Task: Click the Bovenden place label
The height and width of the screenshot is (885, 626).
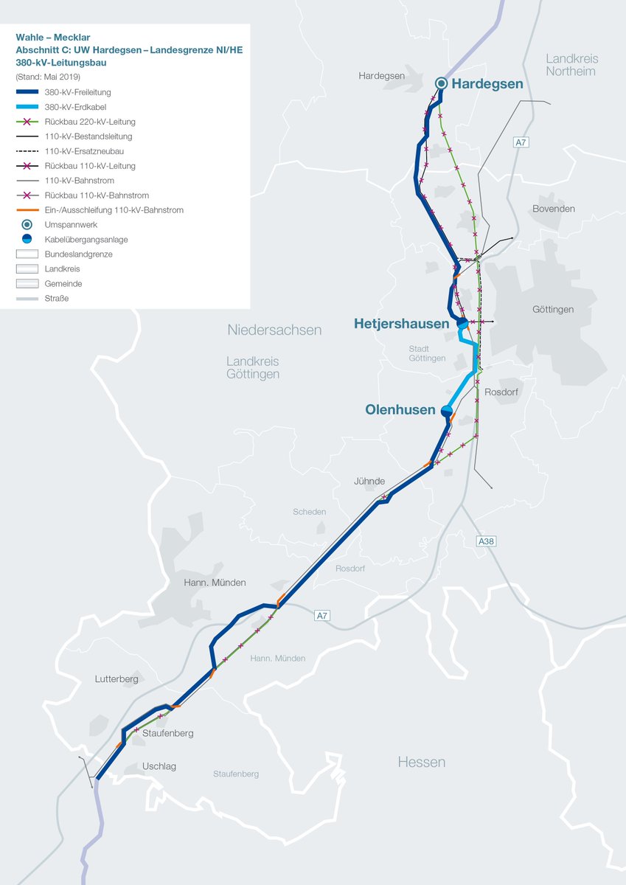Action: coord(553,209)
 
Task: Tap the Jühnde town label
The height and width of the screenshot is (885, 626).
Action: coord(369,482)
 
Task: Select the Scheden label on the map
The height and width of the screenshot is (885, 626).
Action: coord(309,512)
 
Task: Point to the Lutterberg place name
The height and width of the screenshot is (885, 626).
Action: coord(116,679)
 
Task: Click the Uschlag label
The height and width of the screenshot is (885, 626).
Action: coord(159,766)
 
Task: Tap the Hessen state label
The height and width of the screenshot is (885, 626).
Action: coord(422,762)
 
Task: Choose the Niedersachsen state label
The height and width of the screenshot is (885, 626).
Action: coord(274,330)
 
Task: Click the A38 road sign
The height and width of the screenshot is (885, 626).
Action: coord(486,541)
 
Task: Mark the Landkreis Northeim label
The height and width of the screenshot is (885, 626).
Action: coord(571,65)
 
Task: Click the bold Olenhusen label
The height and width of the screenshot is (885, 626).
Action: coord(400,410)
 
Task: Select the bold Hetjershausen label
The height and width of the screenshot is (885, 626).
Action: coord(401,324)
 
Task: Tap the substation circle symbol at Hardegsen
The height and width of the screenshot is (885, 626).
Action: coord(441,83)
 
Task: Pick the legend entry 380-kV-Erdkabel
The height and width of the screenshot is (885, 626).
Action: coord(77,107)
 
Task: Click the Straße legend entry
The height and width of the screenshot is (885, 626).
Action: coord(56,299)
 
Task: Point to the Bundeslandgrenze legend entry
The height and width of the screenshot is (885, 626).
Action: coord(78,254)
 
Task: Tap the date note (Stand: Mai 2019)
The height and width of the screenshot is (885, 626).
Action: coord(48,77)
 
